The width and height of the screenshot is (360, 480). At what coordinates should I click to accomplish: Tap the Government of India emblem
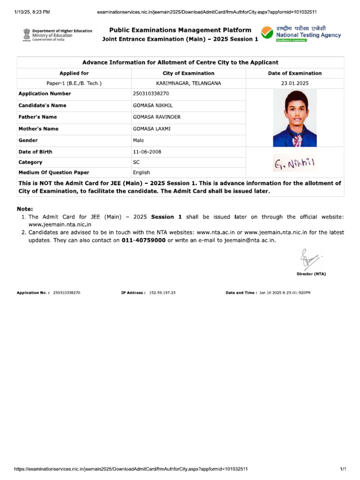pos(26,35)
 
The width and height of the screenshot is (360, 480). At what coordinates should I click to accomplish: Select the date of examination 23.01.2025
pos(294,83)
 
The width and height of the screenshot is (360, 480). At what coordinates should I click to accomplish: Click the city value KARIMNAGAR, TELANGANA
pos(188,83)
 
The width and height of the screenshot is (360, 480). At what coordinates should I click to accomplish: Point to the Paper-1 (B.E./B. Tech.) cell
pos(74,83)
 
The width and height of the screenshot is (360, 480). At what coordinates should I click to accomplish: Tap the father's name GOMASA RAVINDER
pos(157,117)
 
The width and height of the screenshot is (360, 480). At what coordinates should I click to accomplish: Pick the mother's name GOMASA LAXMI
pos(152,129)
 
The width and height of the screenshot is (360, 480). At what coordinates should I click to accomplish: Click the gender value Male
pos(139,140)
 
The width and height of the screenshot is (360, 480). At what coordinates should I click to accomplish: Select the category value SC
pos(136,162)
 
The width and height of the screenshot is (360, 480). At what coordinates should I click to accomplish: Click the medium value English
pos(142,172)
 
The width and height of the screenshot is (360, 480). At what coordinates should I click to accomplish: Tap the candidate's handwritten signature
pos(294,164)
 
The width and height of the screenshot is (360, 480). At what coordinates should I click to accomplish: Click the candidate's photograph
pos(294,118)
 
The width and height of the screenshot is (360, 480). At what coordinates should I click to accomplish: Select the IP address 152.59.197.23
pos(162,292)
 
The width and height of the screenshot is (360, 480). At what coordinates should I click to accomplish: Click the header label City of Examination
pos(188,73)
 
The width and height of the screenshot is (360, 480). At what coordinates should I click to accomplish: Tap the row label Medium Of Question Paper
pos(53,172)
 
